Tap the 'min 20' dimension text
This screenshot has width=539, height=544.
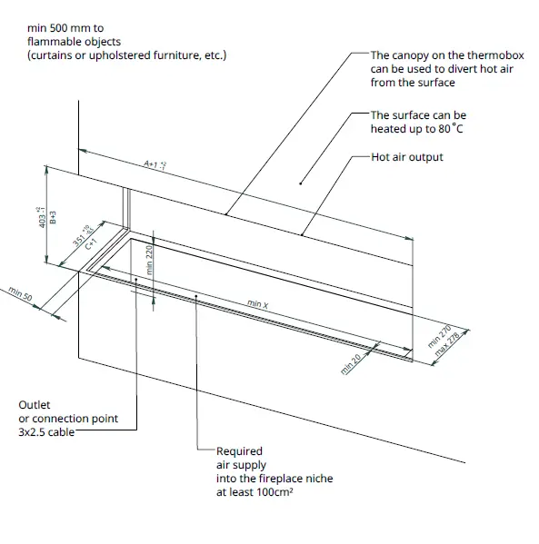[x=349, y=361]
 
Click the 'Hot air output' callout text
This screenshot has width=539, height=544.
[x=407, y=157]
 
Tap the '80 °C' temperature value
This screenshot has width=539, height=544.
[x=451, y=129]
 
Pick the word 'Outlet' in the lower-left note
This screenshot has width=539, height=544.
[x=34, y=404]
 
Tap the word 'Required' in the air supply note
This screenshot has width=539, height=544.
[x=239, y=451]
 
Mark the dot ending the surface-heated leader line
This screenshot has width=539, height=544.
[x=301, y=184]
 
